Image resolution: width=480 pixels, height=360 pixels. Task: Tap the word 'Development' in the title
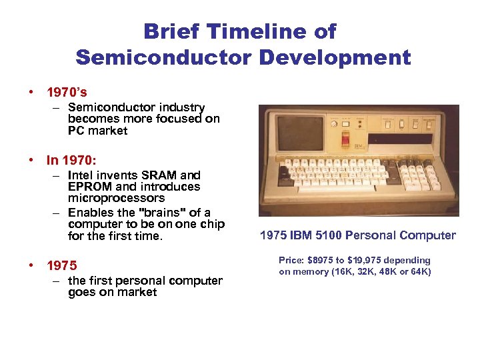(335, 57)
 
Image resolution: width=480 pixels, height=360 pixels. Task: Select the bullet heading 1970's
(67, 91)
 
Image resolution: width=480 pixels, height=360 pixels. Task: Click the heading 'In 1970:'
(71, 160)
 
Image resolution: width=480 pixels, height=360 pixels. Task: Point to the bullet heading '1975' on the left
(61, 265)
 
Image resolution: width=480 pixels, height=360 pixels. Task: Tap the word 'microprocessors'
(116, 198)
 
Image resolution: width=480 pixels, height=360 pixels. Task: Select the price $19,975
(365, 260)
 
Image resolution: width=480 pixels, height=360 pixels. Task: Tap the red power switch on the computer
(345, 138)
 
